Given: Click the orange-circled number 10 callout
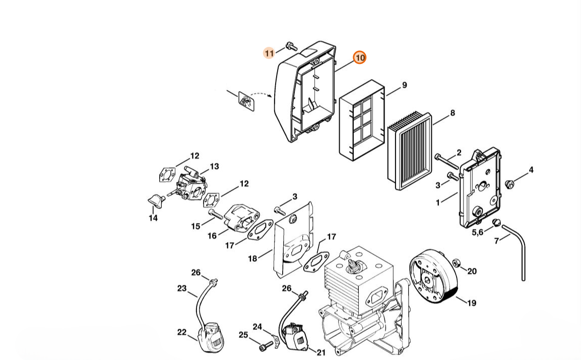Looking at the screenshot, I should (359, 58).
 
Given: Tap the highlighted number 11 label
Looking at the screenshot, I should (269, 53).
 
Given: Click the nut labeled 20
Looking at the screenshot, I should (457, 263).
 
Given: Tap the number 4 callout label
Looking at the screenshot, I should (531, 170).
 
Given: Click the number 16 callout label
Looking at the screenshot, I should (212, 236).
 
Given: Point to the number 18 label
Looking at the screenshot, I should (252, 259).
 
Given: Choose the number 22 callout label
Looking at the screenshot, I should (181, 332).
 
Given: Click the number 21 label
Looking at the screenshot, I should (321, 352).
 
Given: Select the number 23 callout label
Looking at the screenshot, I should (182, 289).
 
